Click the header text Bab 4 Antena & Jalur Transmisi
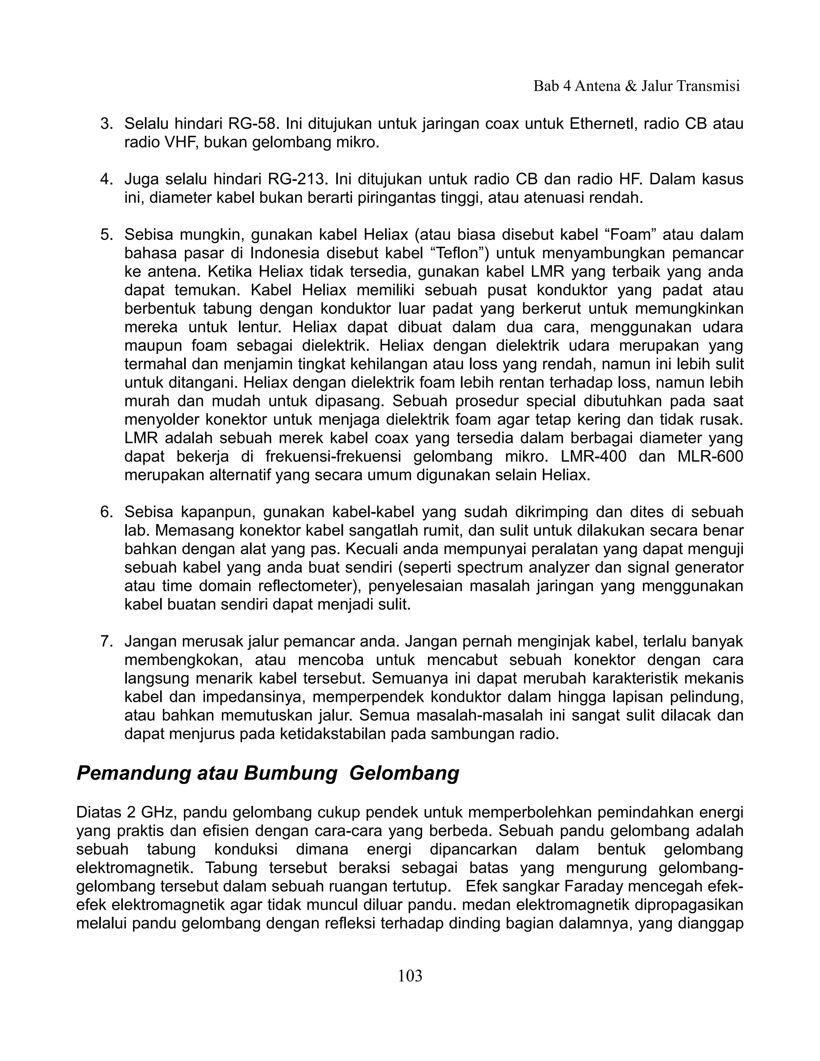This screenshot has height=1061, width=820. point(636,86)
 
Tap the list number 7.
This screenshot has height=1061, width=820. point(105,642)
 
